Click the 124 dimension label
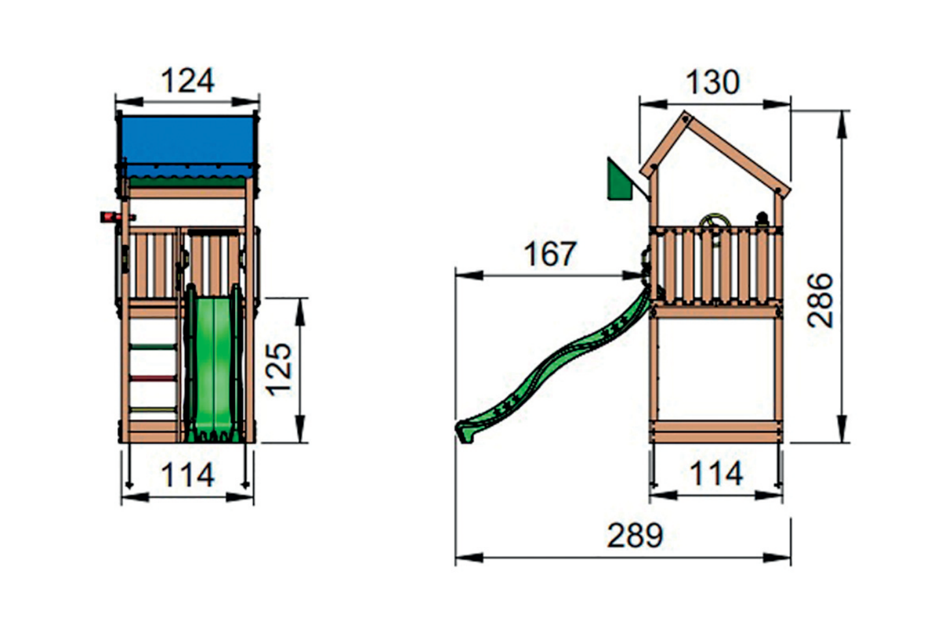[188, 80]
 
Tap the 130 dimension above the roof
[713, 82]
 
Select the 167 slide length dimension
[550, 254]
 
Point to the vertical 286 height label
[820, 300]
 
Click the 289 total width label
[635, 536]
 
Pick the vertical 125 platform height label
[279, 370]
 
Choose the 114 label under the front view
[188, 474]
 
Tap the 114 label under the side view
[717, 473]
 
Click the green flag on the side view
[620, 179]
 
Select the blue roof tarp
[188, 147]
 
